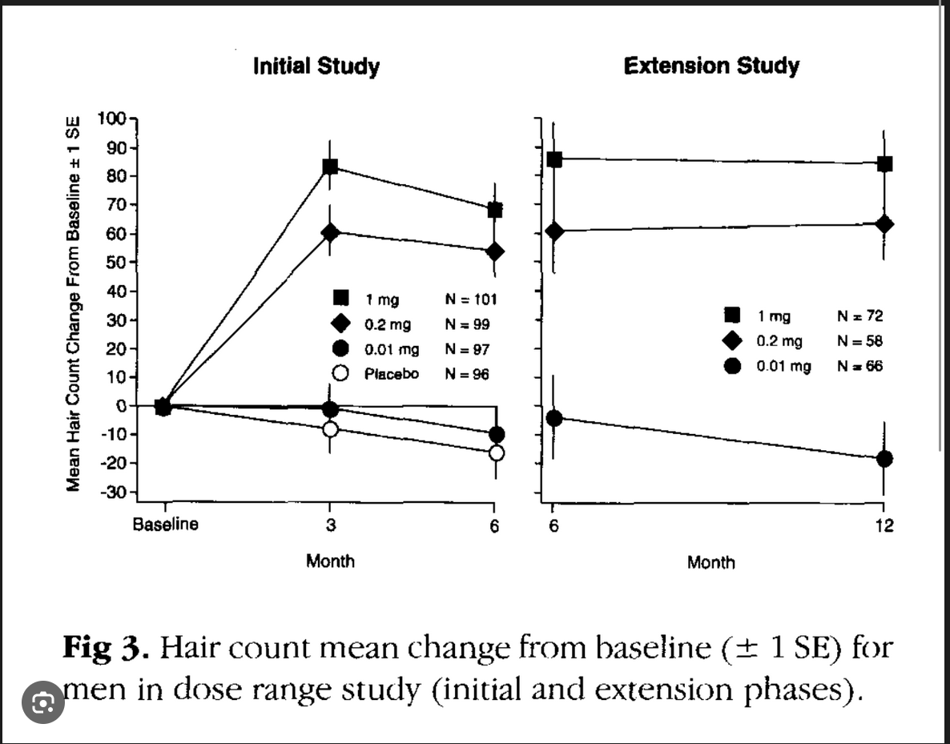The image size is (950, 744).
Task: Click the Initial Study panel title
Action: pyautogui.click(x=316, y=66)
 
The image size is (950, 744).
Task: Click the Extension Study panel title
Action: pyautogui.click(x=711, y=66)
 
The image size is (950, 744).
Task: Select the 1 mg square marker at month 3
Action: pyautogui.click(x=330, y=167)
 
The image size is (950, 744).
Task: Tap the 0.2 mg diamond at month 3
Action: pyautogui.click(x=330, y=232)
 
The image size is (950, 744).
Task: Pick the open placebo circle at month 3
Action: pyautogui.click(x=330, y=429)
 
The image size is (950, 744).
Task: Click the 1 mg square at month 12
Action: pyautogui.click(x=884, y=164)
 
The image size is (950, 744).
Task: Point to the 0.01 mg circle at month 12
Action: pyautogui.click(x=884, y=459)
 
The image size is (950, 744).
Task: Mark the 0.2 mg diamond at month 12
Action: pyautogui.click(x=884, y=224)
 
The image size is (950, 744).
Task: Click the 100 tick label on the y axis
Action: pyautogui.click(x=112, y=119)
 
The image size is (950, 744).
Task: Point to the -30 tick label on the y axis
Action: pyautogui.click(x=112, y=493)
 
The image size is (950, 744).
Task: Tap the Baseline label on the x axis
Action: pyautogui.click(x=165, y=525)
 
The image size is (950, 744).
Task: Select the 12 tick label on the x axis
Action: pyautogui.click(x=885, y=525)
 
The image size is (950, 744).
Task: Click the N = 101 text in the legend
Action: pyautogui.click(x=470, y=300)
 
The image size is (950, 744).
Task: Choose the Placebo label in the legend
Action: pyautogui.click(x=392, y=374)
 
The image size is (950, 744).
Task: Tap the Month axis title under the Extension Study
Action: pyautogui.click(x=710, y=562)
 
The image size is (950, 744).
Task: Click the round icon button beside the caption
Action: pyautogui.click(x=42, y=702)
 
